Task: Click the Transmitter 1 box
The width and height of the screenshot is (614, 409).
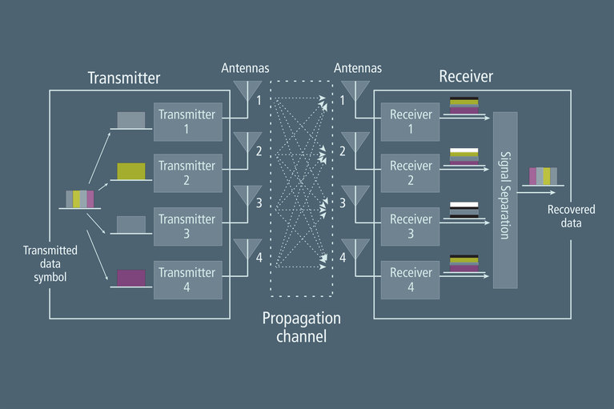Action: tap(187, 122)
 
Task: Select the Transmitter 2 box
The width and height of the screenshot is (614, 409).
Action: tap(187, 173)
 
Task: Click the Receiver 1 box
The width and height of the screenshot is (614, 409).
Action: tap(411, 122)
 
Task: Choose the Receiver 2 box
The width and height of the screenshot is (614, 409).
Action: tap(411, 173)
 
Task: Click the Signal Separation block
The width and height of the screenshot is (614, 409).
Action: tap(505, 200)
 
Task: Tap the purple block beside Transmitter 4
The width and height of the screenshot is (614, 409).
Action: tap(131, 278)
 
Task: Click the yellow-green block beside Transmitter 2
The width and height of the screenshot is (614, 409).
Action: tap(131, 170)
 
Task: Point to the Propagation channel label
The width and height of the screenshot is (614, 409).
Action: tap(301, 327)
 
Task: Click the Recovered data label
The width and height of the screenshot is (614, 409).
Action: tap(564, 216)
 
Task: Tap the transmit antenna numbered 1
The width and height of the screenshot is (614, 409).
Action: tap(247, 89)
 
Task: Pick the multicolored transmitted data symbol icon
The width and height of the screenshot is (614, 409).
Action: tap(78, 198)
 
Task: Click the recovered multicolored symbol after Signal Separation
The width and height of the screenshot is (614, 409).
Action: tap(543, 176)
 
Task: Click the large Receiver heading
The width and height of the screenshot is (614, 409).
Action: tap(466, 78)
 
